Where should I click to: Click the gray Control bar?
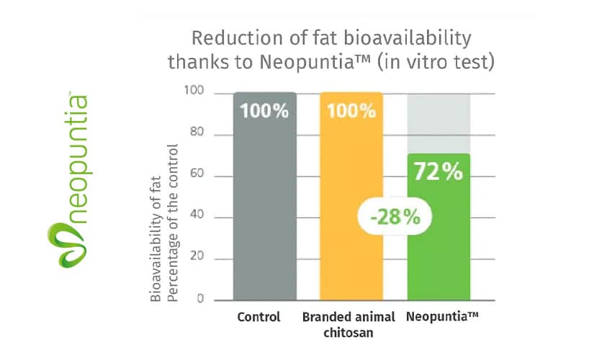[x=265, y=216]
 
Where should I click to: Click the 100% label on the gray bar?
[x=265, y=112]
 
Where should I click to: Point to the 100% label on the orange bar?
[x=351, y=112]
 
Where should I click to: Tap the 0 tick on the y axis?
[x=201, y=300]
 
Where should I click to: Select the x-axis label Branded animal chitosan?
[x=348, y=324]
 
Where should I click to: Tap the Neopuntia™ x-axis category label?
[x=438, y=317]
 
